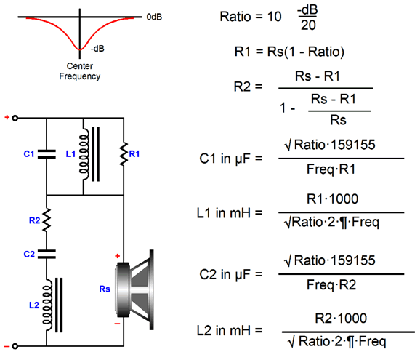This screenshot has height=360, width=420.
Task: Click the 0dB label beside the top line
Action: click(154, 17)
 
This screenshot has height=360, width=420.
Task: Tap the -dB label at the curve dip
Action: click(97, 49)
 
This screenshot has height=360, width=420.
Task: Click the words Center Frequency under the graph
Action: click(80, 71)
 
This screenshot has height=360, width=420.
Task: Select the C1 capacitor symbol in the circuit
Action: click(47, 154)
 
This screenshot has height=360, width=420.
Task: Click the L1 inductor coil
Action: click(84, 154)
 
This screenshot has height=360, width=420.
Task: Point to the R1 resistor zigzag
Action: click(124, 154)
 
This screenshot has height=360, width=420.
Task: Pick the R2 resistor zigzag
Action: click(47, 220)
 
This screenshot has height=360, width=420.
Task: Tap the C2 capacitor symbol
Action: click(47, 254)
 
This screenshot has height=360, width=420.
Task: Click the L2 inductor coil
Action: click(47, 305)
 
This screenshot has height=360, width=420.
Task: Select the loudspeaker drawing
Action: click(134, 289)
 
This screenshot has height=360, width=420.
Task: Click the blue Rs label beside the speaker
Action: click(105, 289)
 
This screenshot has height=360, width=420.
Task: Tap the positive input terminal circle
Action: click(15, 118)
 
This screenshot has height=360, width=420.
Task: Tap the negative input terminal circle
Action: click(15, 346)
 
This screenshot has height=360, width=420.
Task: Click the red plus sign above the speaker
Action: click(117, 256)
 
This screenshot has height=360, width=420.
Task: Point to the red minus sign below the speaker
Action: click(117, 324)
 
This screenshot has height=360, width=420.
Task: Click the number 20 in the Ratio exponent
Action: click(308, 25)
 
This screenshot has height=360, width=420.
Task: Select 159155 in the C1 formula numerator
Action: click(353, 145)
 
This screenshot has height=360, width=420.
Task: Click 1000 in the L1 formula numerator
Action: click(344, 199)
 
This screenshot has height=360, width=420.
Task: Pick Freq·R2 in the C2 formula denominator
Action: click(331, 284)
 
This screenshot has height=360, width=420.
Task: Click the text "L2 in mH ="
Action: click(230, 330)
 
